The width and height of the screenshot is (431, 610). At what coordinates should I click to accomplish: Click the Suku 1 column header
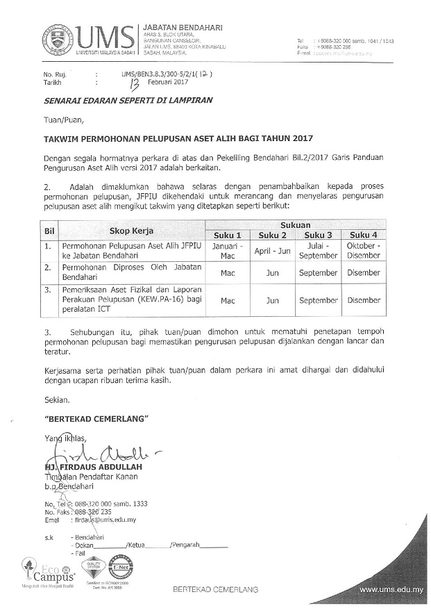(228, 236)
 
